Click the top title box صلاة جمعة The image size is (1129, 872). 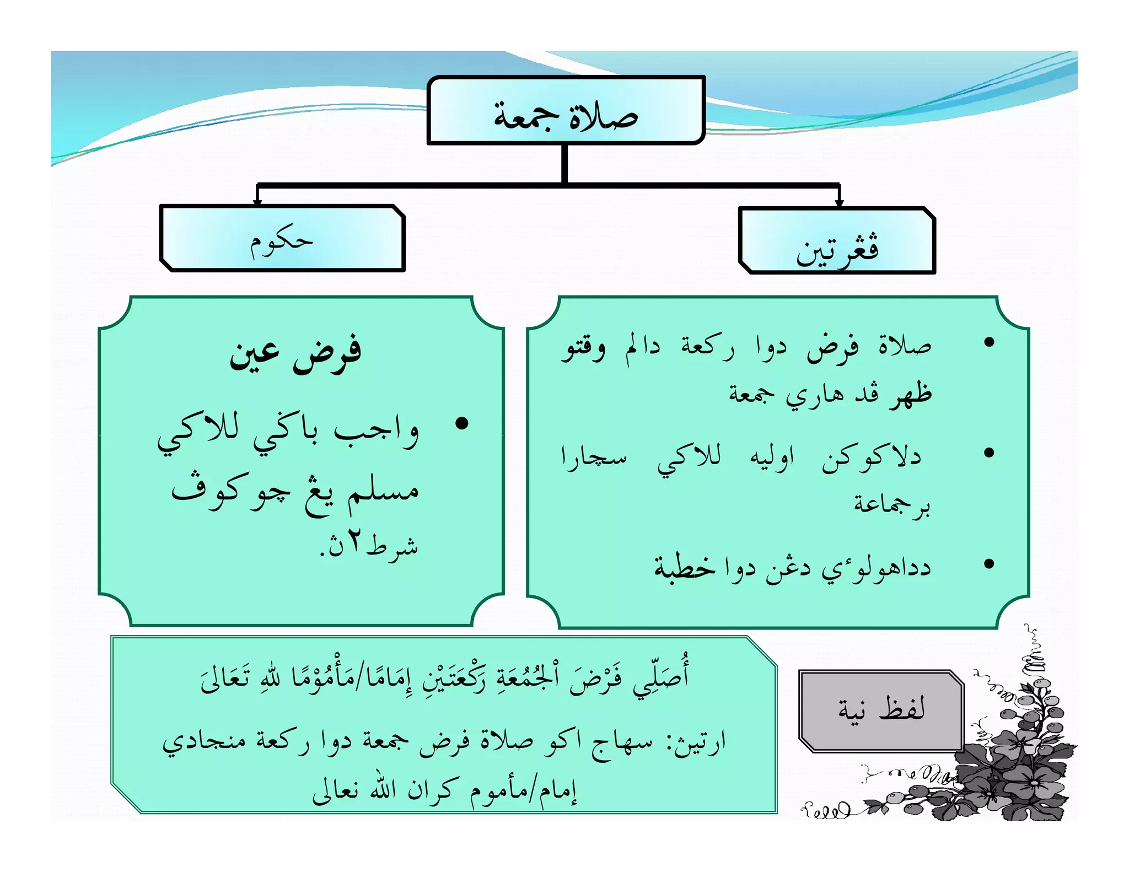pyautogui.click(x=566, y=111)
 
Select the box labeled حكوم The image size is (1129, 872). pyautogui.click(x=282, y=239)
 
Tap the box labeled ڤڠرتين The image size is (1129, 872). pyautogui.click(x=837, y=241)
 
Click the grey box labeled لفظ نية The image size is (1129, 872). pyautogui.click(x=880, y=710)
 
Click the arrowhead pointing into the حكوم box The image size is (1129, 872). pyautogui.click(x=257, y=202)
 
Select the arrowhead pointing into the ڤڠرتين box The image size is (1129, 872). pyautogui.click(x=839, y=202)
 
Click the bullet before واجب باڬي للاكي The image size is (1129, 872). pyautogui.click(x=462, y=423)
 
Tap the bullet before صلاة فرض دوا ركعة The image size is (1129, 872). pyautogui.click(x=989, y=342)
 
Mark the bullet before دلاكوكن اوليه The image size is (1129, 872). pyautogui.click(x=989, y=453)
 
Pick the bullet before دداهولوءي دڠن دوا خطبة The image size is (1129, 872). pyautogui.click(x=989, y=563)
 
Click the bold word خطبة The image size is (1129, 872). pyautogui.click(x=685, y=566)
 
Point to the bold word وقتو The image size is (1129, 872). pyautogui.click(x=583, y=348)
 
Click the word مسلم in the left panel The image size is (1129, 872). pyautogui.click(x=383, y=490)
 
